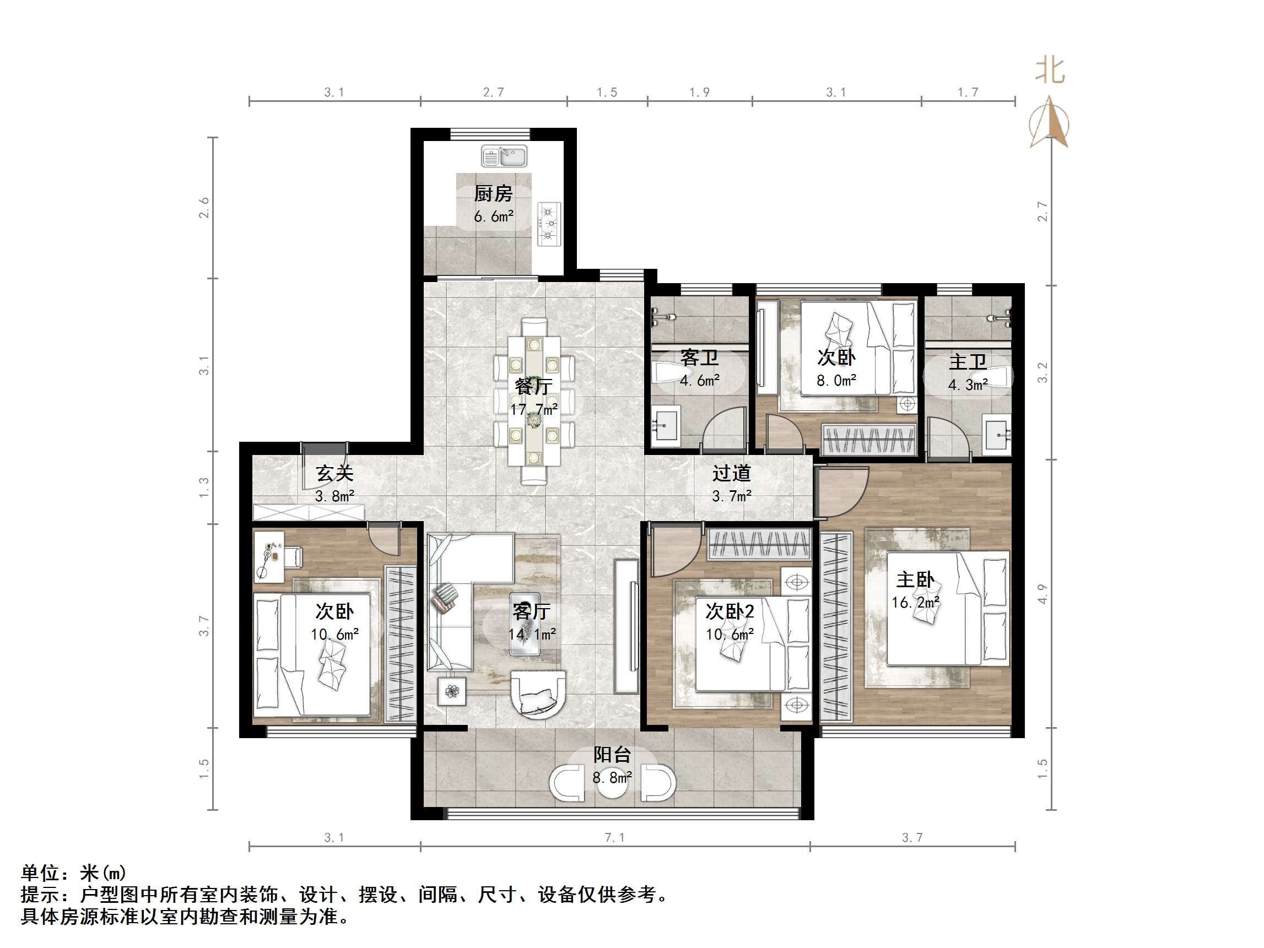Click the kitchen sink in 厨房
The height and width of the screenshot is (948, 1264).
(x=504, y=156)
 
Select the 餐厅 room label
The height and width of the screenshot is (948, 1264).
(x=533, y=387)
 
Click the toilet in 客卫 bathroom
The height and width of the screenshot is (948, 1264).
(x=666, y=373)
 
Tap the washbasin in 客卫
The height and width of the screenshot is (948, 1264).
(x=665, y=425)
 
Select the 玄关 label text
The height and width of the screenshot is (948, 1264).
(x=335, y=473)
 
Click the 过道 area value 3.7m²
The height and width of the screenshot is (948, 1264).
(x=731, y=496)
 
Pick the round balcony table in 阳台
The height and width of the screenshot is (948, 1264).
(x=612, y=784)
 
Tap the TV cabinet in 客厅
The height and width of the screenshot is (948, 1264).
(x=626, y=625)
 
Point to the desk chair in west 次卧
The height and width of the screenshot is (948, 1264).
(x=293, y=557)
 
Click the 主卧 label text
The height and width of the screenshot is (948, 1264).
(x=915, y=580)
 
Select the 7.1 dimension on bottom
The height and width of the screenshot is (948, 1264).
(x=615, y=838)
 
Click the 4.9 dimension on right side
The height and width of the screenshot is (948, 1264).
(x=1042, y=594)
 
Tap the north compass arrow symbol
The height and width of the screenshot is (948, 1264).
(x=1050, y=122)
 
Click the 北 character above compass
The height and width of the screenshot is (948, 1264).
(x=1050, y=72)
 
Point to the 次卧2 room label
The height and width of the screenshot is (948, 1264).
(x=730, y=612)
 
